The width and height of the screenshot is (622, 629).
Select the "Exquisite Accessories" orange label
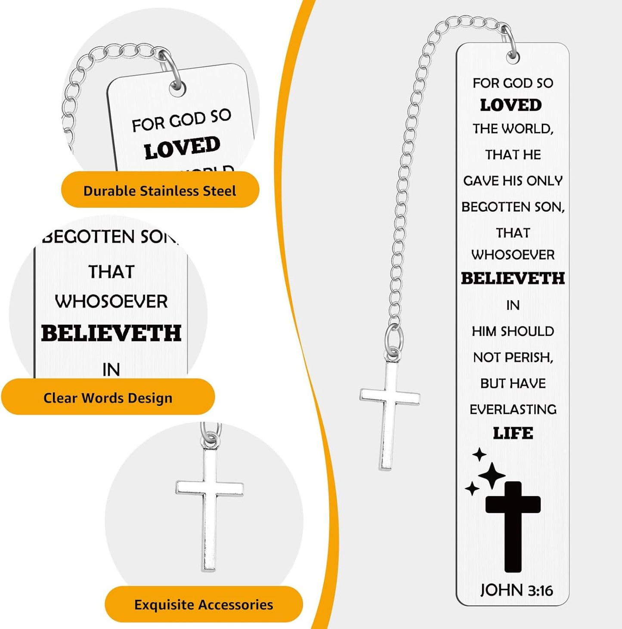[204, 604]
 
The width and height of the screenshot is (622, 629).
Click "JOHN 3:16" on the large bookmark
[517, 590]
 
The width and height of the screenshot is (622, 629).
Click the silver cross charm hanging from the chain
[390, 415]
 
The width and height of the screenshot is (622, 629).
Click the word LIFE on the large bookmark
[513, 434]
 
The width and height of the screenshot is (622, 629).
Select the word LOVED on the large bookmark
[511, 105]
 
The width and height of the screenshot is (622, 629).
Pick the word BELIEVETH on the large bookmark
[513, 279]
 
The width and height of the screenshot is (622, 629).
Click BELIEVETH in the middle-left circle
[111, 333]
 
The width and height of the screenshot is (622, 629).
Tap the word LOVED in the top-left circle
[182, 148]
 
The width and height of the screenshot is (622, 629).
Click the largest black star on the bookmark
[492, 475]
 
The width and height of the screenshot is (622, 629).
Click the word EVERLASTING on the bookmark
[513, 409]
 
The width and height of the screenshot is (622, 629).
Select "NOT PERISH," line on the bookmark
[513, 357]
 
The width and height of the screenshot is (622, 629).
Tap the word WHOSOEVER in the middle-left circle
[111, 302]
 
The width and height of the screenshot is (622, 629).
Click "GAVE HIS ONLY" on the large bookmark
[513, 181]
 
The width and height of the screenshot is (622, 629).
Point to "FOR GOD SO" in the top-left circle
[182, 120]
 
